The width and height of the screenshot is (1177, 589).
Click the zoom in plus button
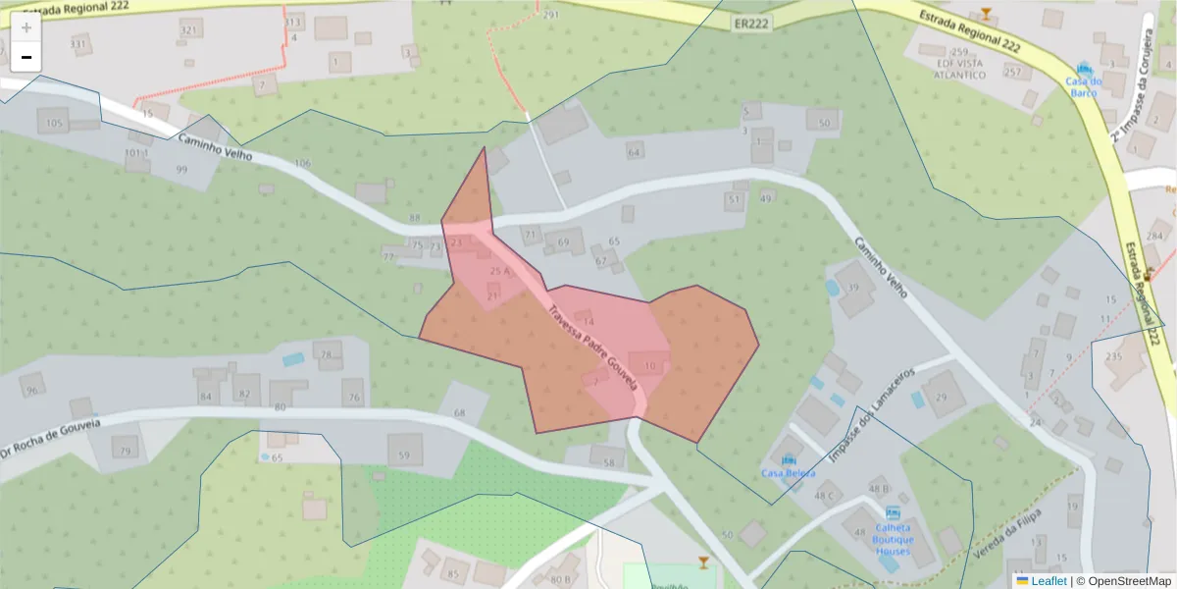(26, 27)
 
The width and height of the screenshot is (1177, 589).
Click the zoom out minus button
(26, 57)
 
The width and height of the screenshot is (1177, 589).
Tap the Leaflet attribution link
(1041, 581)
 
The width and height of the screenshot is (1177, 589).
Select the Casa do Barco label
(1084, 86)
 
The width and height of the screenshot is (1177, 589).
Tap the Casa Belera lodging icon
(789, 459)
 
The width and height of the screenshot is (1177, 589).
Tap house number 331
(78, 44)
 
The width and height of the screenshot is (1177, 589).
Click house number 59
(404, 455)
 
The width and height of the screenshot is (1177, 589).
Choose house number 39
(853, 288)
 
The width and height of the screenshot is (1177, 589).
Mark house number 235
(1113, 356)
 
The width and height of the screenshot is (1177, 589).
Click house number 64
(635, 152)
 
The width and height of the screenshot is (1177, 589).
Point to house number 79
(125, 452)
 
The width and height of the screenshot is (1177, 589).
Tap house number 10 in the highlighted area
(649, 366)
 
